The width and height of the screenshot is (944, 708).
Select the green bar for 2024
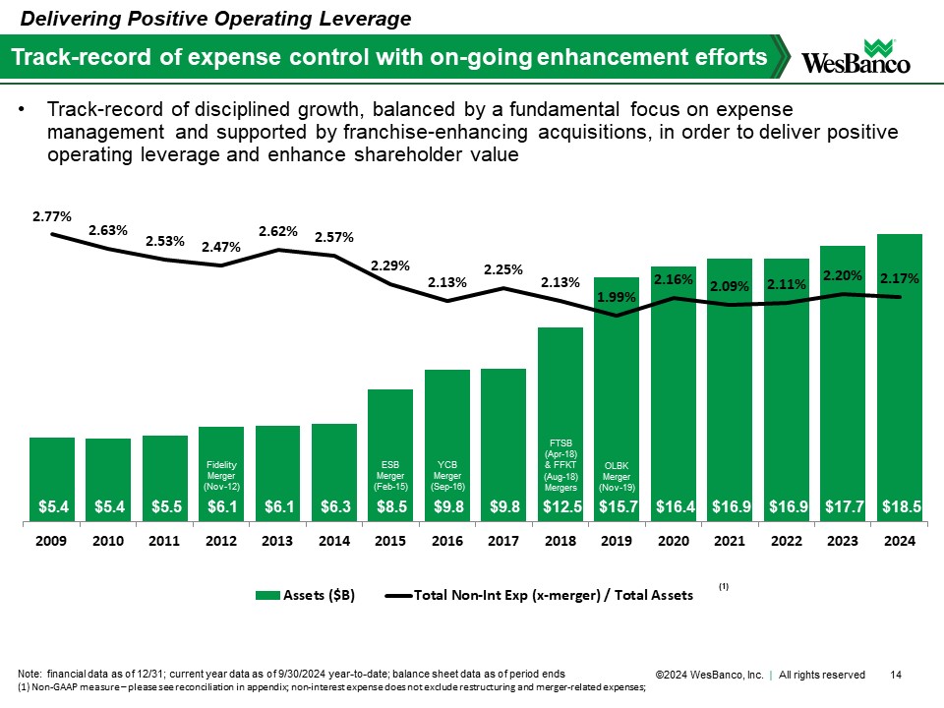(x=899, y=374)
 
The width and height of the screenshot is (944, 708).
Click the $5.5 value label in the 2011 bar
(x=165, y=507)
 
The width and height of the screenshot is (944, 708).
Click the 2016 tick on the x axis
(x=446, y=543)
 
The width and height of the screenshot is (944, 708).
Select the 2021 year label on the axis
(x=729, y=543)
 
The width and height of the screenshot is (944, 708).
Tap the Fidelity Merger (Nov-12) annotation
(x=221, y=475)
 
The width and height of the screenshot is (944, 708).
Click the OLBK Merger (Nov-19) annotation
(x=617, y=475)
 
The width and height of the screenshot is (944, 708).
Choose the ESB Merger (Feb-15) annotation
(x=390, y=475)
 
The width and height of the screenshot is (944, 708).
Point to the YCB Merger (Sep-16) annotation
(x=446, y=475)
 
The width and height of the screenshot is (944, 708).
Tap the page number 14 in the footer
(x=896, y=675)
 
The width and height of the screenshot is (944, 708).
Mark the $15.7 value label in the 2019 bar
(x=617, y=507)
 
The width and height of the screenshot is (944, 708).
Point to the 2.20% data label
(x=842, y=275)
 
